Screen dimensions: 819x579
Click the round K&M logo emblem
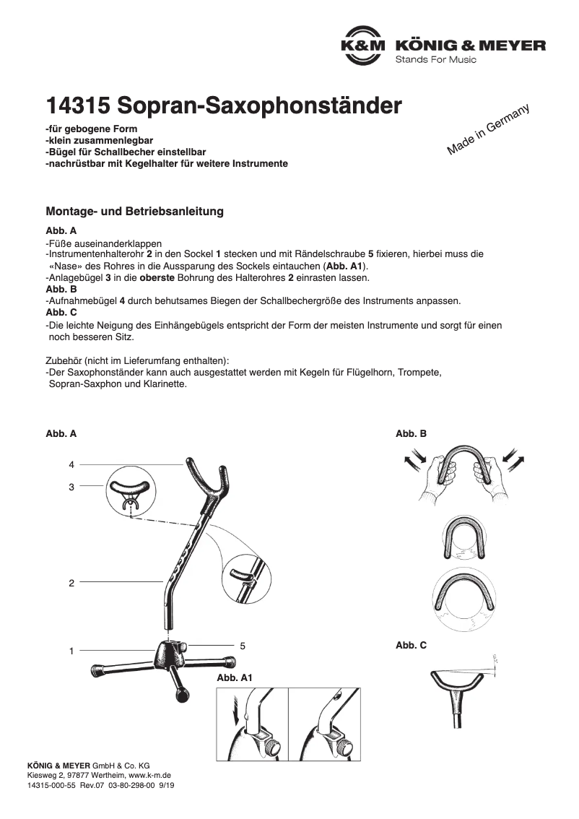[x=364, y=45]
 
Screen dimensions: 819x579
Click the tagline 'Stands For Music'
[x=435, y=59]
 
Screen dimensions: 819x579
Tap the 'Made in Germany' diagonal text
[x=488, y=129]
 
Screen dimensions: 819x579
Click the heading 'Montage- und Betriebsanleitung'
[x=134, y=212]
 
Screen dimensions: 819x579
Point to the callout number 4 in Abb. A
[x=71, y=464]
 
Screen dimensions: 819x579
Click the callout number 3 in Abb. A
[x=71, y=487]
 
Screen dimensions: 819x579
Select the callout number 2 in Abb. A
[x=71, y=583]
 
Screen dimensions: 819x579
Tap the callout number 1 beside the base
[x=71, y=651]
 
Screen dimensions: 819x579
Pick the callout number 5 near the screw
[x=243, y=645]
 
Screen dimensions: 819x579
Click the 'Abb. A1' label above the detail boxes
[x=234, y=679]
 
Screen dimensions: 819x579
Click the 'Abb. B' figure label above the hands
[x=411, y=434]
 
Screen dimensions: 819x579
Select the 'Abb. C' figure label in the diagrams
[x=411, y=645]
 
